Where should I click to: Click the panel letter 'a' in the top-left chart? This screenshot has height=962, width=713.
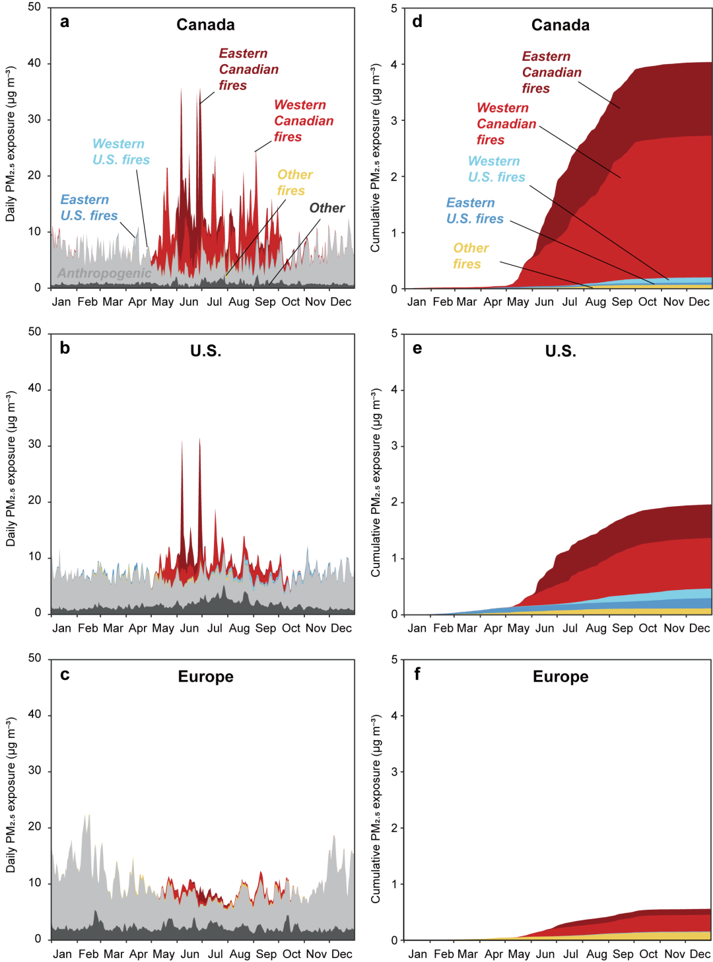tap(65, 22)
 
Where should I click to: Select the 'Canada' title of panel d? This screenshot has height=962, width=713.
tap(560, 25)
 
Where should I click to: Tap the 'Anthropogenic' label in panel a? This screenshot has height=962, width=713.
tap(104, 273)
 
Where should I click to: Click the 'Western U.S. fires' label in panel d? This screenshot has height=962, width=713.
tap(496, 169)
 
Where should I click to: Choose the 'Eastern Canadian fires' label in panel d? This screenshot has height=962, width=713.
tap(551, 72)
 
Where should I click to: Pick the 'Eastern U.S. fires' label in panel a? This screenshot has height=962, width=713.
tap(88, 207)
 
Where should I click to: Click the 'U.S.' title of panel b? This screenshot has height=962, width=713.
tap(206, 351)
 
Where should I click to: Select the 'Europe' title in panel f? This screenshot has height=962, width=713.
tap(560, 677)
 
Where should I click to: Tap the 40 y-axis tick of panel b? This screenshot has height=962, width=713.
tap(34, 388)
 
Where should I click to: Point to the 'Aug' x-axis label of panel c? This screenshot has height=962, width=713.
tap(240, 954)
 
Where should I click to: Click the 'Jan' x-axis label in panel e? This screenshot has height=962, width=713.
tap(417, 628)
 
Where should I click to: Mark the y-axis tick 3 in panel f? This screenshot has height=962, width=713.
tap(394, 772)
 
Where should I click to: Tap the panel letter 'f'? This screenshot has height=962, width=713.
tap(417, 674)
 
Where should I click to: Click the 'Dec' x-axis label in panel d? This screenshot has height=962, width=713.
tap(699, 302)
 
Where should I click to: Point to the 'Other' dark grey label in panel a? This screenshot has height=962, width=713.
tap(327, 208)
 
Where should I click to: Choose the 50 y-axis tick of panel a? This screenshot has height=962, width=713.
tap(34, 7)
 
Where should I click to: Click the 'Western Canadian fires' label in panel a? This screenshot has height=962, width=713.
tap(303, 121)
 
